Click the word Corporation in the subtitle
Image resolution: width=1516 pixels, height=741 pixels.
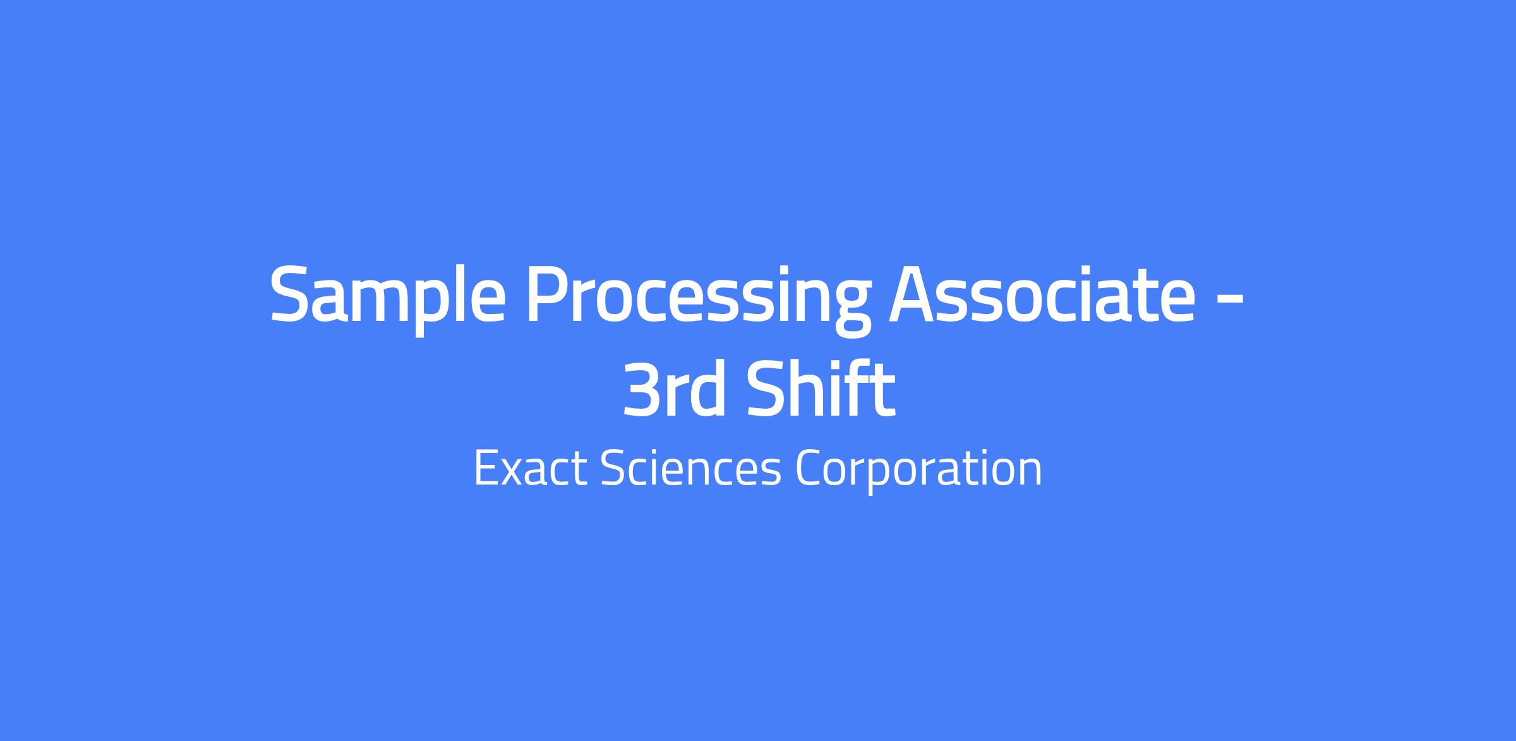point(918,473)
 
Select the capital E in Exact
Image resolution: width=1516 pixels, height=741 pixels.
point(486,469)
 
